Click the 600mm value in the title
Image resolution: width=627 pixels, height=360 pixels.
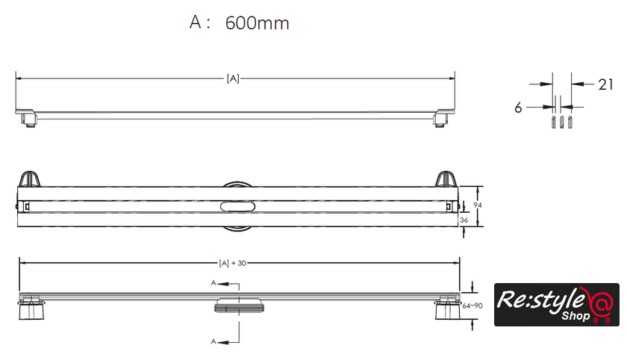pyautogui.click(x=257, y=23)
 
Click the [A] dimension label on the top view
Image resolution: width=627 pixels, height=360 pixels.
pyautogui.click(x=233, y=78)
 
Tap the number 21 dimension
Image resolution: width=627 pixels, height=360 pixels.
pyautogui.click(x=605, y=84)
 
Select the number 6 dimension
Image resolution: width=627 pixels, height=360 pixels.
pyautogui.click(x=518, y=108)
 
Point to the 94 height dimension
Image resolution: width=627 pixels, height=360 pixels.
pyautogui.click(x=478, y=205)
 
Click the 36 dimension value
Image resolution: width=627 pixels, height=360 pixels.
pyautogui.click(x=464, y=220)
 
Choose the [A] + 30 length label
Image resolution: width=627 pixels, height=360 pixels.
pyautogui.click(x=232, y=263)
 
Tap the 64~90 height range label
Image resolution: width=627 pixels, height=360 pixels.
pyautogui.click(x=472, y=306)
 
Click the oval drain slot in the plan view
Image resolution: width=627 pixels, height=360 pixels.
pyautogui.click(x=237, y=206)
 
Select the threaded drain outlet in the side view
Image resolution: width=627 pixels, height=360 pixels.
pyautogui.click(x=239, y=305)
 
